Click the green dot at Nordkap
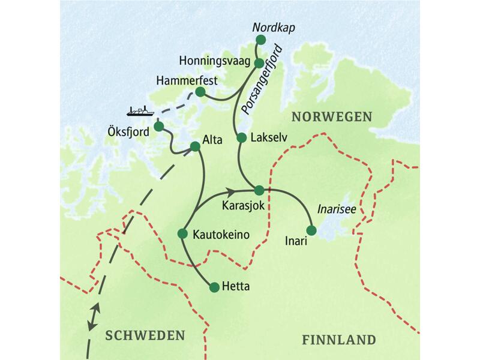point(260,40)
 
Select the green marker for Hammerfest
point(200,92)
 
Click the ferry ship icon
point(140,111)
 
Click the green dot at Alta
point(194,146)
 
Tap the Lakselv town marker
point(241,138)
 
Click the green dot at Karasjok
point(259,190)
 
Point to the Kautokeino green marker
point(182,233)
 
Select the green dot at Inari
point(311,230)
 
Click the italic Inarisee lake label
point(334,210)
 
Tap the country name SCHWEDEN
point(145,335)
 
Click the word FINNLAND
point(338,340)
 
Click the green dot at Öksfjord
point(158,127)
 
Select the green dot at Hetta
point(214,287)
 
